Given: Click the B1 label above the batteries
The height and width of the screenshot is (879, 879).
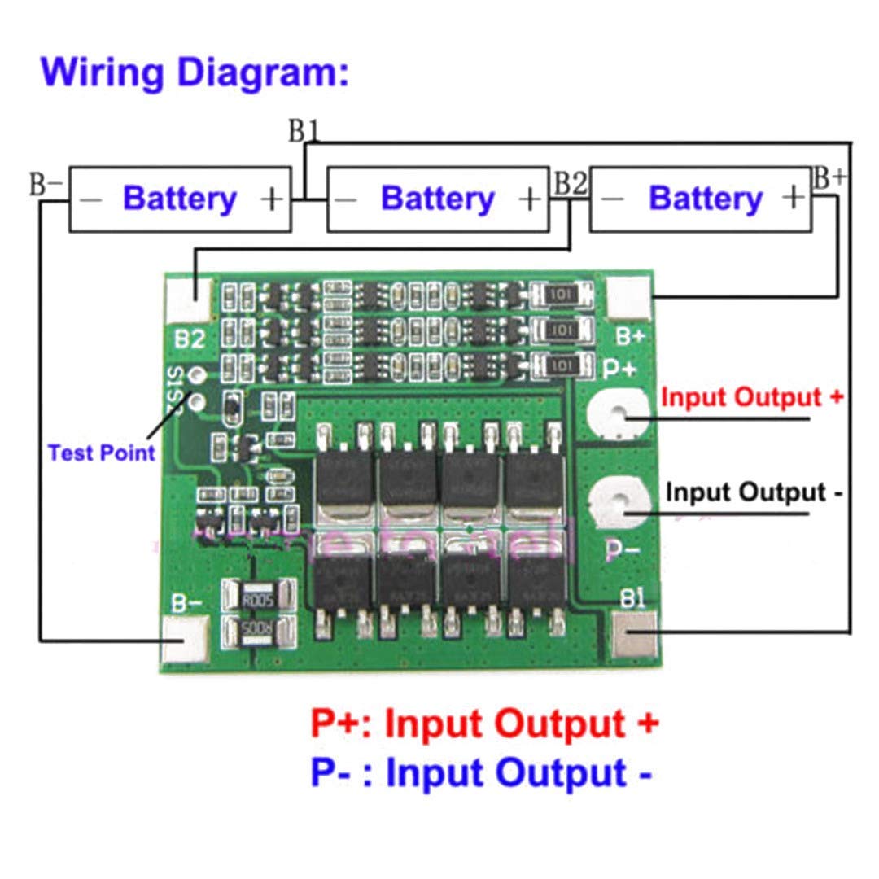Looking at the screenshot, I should click(304, 131).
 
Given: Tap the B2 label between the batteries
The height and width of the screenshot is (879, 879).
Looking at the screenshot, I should click(570, 184).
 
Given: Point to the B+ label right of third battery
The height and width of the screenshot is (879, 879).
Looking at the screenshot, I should click(829, 178).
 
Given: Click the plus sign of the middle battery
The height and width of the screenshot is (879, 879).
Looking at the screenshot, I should click(530, 199).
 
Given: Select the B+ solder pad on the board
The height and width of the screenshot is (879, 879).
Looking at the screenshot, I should click(629, 298).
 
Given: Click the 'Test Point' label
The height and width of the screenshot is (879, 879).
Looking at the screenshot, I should click(101, 453).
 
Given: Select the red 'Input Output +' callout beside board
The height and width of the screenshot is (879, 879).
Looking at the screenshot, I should click(751, 398).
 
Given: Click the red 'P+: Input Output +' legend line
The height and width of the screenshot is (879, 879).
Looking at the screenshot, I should click(483, 724).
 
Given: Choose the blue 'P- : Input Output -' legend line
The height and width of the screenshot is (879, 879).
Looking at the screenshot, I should click(480, 773).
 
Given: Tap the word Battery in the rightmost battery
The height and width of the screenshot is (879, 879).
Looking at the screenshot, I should click(705, 199).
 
